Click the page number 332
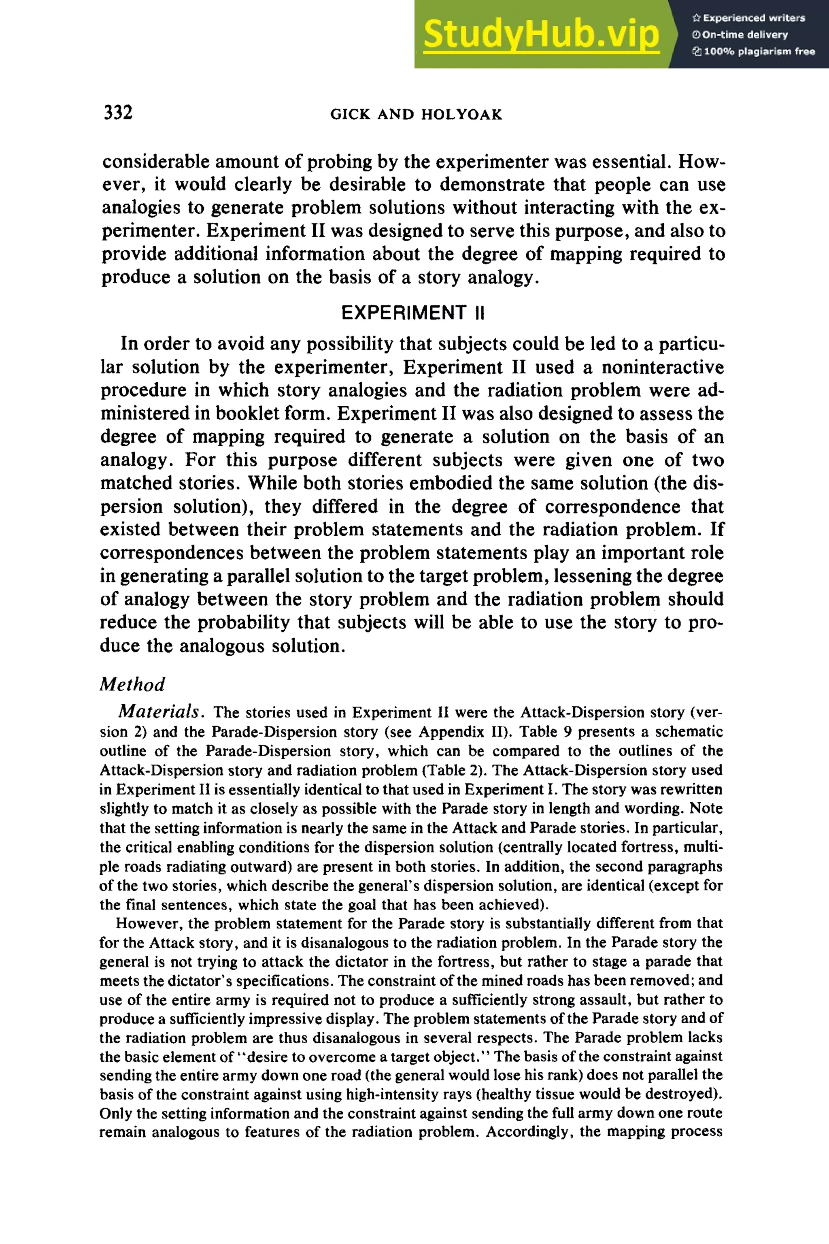(119, 113)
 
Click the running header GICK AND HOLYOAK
(416, 115)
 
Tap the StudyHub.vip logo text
(541, 34)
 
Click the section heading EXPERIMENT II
(413, 313)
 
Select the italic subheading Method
(132, 684)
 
